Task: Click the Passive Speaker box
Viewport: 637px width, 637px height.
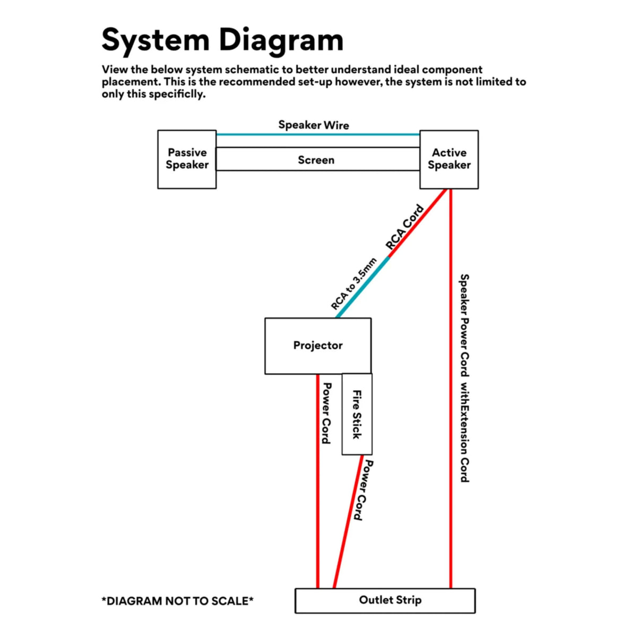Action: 187,159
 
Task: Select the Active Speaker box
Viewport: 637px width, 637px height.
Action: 449,159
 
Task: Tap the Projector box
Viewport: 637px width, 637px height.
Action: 318,346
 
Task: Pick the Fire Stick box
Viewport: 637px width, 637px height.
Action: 357,415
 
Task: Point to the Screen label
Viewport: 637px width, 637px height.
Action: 316,160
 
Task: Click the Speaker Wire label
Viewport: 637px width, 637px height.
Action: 314,125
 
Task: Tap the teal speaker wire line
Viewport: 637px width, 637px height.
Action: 318,135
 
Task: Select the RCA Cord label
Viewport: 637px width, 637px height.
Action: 404,227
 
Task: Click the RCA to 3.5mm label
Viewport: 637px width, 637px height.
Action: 354,284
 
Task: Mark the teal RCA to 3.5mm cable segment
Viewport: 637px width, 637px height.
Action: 363,287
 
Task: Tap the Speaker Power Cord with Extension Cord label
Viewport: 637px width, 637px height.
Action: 464,378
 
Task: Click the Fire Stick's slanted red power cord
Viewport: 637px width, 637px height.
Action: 347,523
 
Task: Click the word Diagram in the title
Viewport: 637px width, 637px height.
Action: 281,40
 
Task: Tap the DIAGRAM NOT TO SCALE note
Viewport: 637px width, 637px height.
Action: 177,601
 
